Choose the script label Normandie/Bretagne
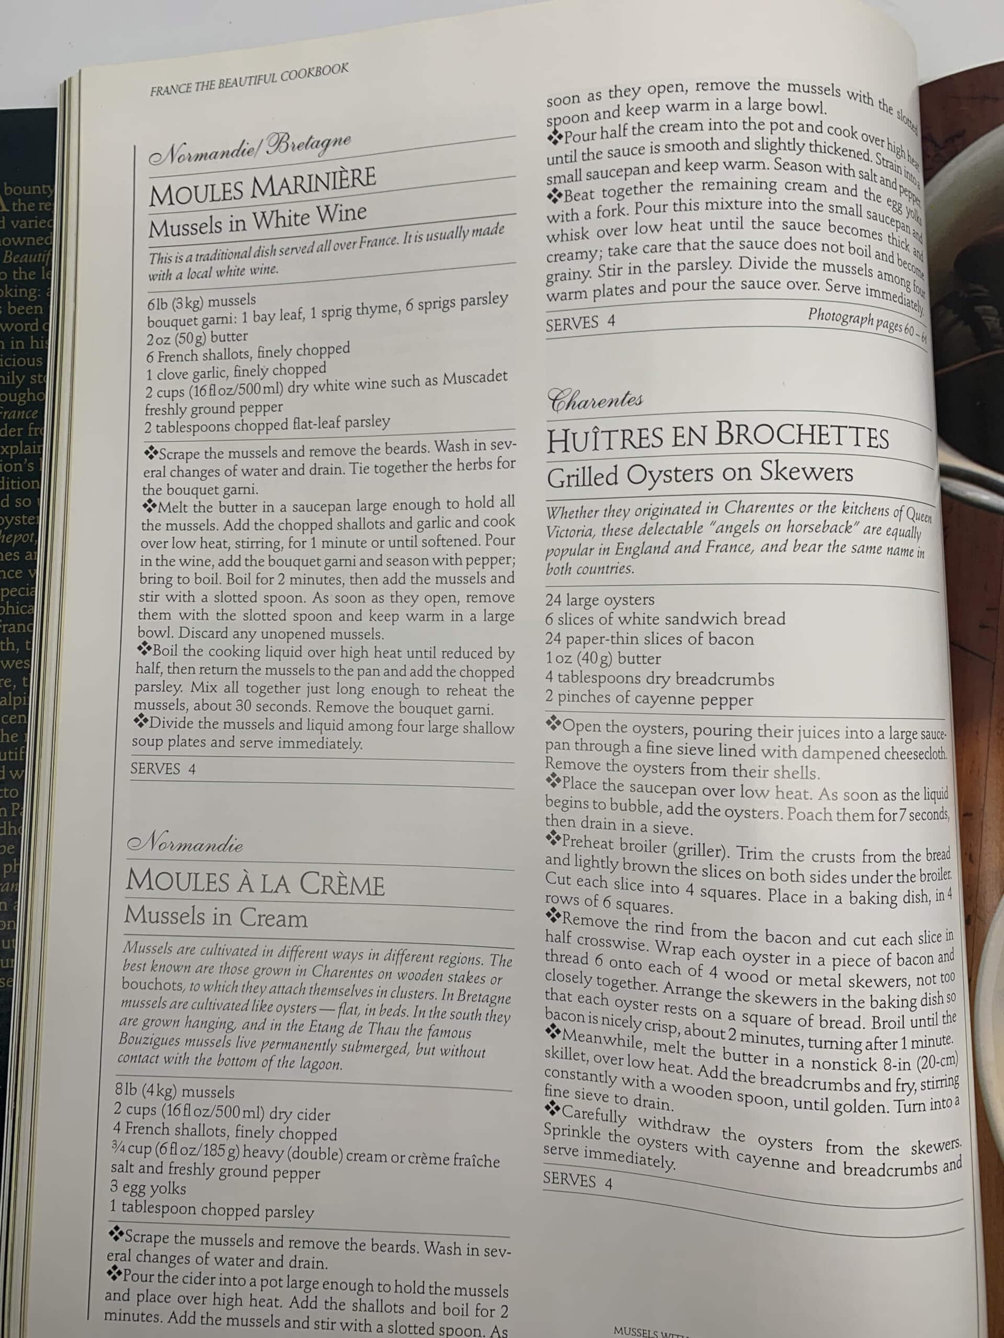249,149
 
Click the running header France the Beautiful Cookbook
249,80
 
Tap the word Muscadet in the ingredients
474,378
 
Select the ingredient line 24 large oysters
600,599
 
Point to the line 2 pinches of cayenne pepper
649,699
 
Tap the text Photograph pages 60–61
866,323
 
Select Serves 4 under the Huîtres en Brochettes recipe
577,1180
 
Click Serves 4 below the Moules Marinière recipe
163,769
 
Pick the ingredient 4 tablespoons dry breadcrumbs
659,679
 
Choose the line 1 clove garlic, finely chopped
236,373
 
